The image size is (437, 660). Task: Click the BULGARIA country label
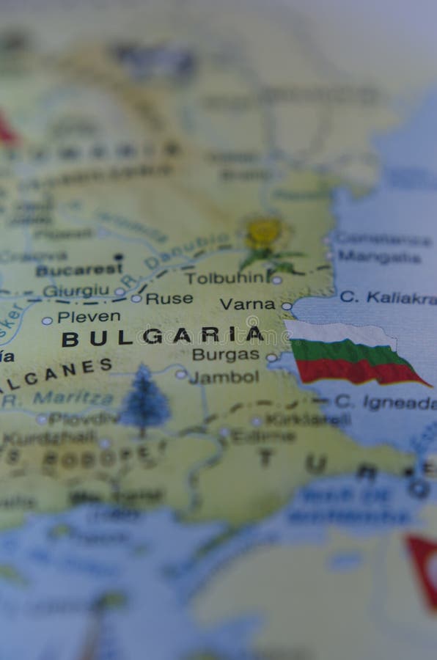162,337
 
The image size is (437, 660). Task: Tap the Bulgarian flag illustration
352,354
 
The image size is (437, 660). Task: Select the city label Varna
247,304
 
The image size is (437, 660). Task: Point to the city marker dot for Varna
286,307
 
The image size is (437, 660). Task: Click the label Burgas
225,355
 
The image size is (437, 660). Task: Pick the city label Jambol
224,378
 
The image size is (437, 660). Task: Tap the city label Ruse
169,298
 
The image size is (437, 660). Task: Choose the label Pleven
89,317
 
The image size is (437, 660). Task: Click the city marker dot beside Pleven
47,320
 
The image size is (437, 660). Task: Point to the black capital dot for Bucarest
118,257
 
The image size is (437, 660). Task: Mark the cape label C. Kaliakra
386,297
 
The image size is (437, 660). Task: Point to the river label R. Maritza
65,398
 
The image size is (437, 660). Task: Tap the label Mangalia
379,257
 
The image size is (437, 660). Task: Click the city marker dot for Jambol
180,375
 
